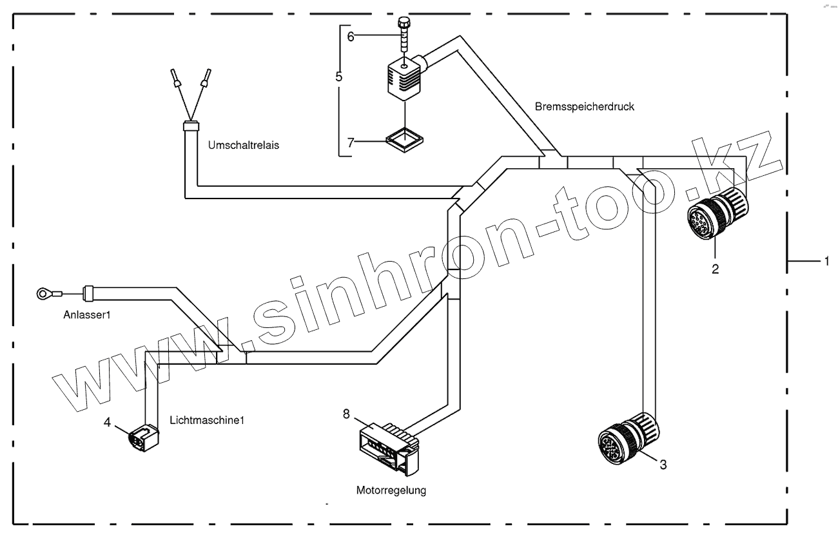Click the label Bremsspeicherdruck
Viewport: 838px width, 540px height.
click(585, 107)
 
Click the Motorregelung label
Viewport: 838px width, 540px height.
click(391, 490)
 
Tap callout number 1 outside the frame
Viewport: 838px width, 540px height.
click(824, 261)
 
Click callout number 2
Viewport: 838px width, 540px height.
click(715, 269)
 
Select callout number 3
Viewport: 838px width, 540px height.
click(663, 463)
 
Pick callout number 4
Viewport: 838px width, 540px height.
click(108, 423)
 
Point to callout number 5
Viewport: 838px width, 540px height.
click(339, 76)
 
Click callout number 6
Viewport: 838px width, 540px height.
click(351, 37)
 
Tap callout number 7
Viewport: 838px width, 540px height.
click(351, 142)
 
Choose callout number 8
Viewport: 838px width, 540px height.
click(346, 414)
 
